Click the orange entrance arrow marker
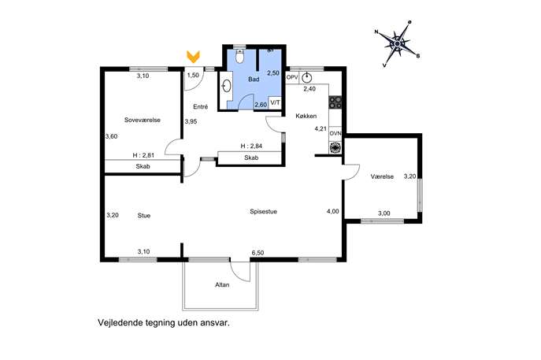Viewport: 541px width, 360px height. [193, 57]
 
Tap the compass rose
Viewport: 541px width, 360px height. [397, 44]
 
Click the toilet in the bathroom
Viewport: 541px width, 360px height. [239, 57]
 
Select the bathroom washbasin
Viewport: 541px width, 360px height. [226, 87]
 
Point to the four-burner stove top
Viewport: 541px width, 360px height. [335, 102]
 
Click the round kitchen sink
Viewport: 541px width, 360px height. [306, 78]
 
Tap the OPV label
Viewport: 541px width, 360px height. [292, 77]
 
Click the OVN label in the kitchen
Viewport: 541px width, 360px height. [335, 133]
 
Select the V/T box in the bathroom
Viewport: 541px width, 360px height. [276, 102]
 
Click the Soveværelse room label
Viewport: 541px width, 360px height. [143, 120]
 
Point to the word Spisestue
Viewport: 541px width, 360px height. [263, 212]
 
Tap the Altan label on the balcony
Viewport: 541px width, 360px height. [222, 285]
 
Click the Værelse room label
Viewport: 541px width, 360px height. [382, 176]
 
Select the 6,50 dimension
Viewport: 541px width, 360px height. [258, 253]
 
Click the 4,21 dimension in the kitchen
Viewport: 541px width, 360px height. [321, 128]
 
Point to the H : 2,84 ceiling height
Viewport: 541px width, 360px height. [251, 146]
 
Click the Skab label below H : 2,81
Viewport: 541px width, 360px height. [143, 166]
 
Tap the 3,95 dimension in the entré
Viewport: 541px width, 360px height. [191, 121]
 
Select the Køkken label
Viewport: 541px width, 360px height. [306, 116]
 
